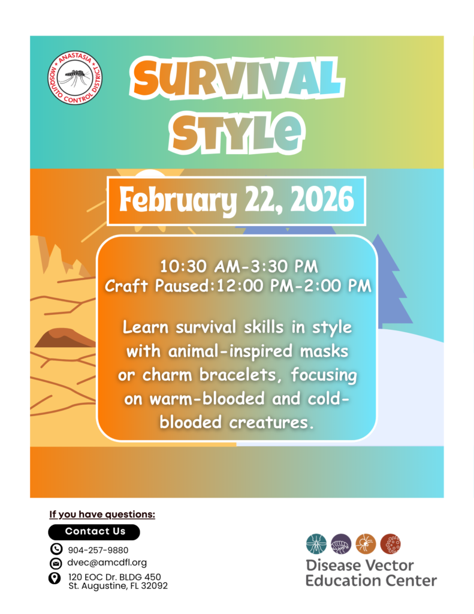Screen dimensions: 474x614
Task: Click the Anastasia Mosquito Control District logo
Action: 75,77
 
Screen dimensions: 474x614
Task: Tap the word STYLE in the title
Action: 237,131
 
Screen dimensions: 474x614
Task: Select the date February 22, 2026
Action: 237,200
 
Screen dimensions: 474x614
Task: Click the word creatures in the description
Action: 271,423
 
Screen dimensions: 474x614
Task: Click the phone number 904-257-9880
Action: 98,550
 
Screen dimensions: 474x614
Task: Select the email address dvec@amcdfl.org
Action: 107,562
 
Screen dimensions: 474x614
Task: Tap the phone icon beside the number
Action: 56,549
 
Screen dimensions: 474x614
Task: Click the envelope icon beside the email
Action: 56,564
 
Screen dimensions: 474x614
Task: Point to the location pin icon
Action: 55,579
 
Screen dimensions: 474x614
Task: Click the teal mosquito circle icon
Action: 316,544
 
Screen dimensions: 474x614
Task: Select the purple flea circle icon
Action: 341,544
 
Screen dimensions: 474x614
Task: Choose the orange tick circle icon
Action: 366,544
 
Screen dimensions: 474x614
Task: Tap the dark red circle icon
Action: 390,544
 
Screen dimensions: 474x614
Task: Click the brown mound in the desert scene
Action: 65,338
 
